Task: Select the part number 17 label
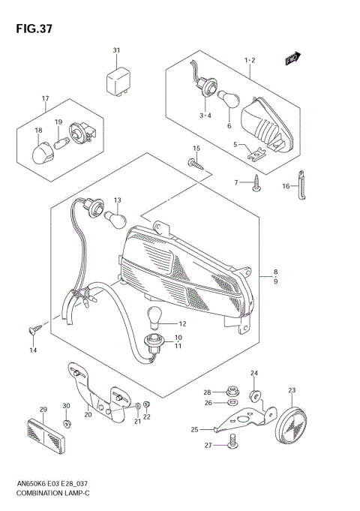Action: point(45,99)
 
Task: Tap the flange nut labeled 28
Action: point(227,391)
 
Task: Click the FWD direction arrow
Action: point(292,58)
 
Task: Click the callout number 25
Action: point(195,429)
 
